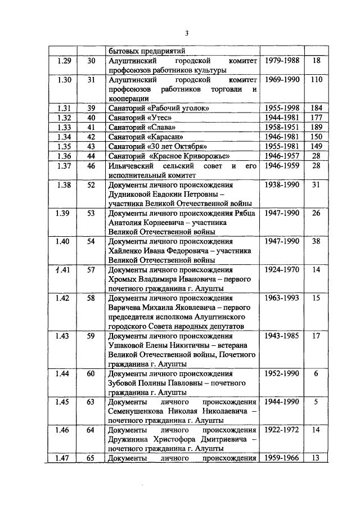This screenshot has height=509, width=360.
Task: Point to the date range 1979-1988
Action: click(x=281, y=61)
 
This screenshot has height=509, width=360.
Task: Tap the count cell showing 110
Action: click(x=316, y=80)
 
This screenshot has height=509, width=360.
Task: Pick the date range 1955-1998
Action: click(x=281, y=108)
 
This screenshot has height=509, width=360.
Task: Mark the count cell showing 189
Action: click(x=316, y=128)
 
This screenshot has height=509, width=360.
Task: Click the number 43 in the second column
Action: click(x=92, y=146)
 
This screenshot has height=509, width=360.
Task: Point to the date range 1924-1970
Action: click(x=281, y=270)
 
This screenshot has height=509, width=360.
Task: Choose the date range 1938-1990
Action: click(x=281, y=184)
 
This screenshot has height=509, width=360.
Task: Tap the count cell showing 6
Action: click(x=316, y=374)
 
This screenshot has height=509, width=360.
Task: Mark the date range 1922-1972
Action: click(x=281, y=430)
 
